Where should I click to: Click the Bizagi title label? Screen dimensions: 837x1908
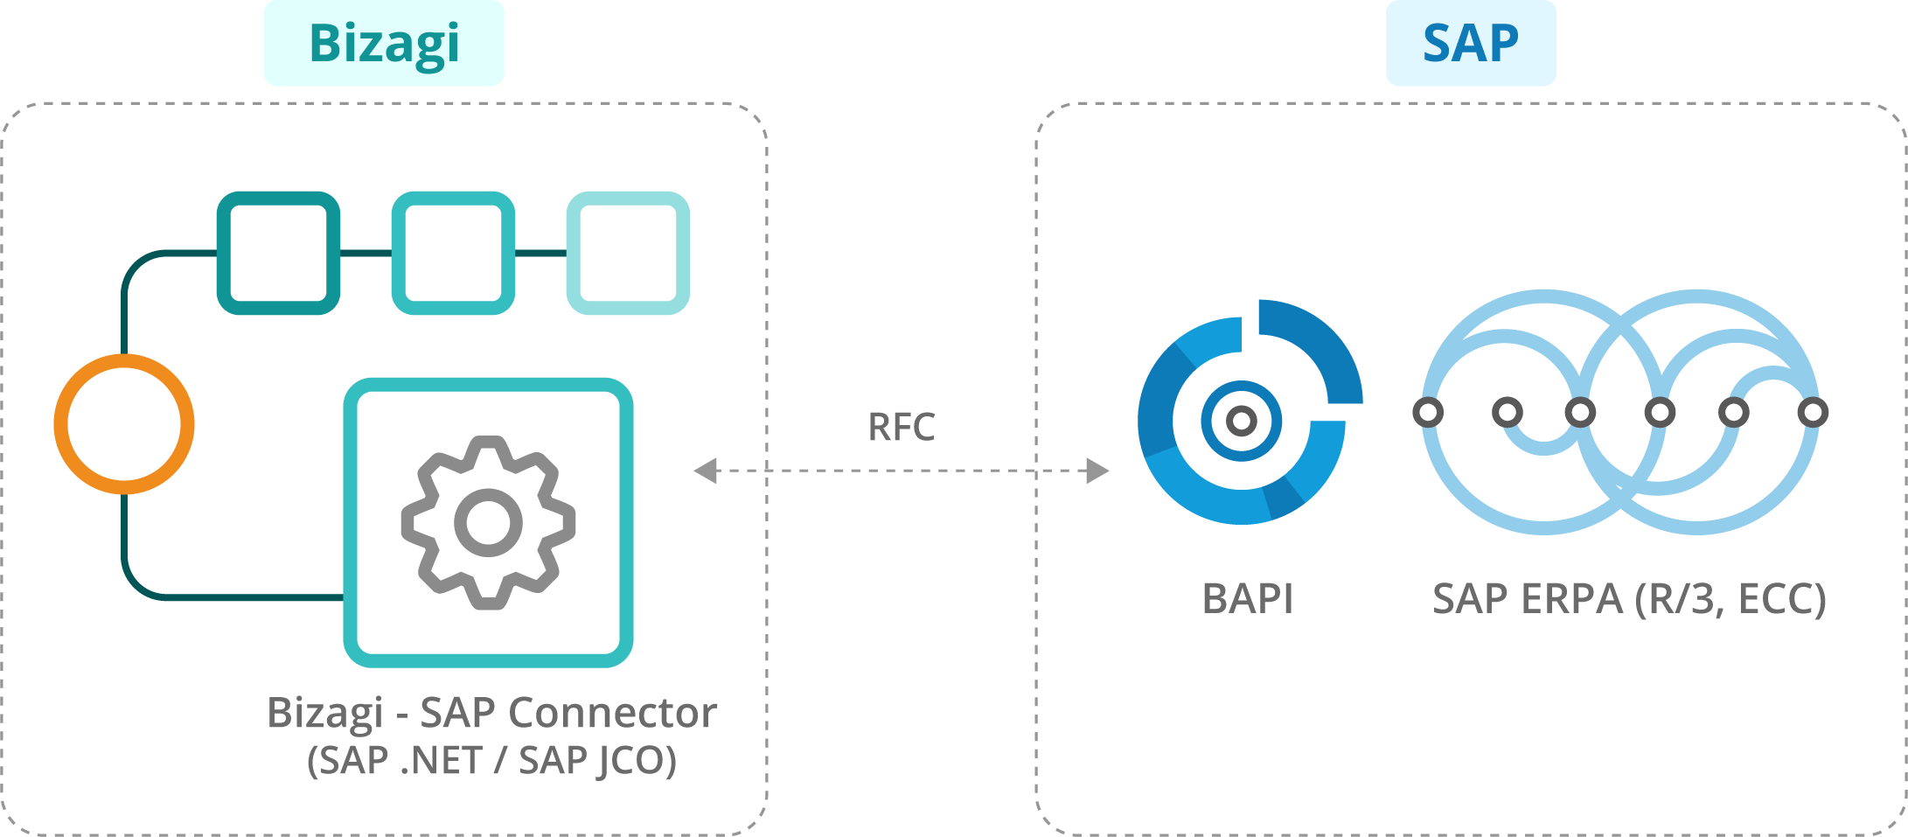pos(384,43)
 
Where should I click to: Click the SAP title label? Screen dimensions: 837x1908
pos(1470,43)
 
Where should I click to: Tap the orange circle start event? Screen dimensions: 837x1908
pos(124,424)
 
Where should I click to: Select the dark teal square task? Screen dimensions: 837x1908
pos(278,253)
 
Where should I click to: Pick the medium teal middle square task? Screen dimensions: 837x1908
pos(453,253)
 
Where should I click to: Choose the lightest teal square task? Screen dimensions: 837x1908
pos(628,253)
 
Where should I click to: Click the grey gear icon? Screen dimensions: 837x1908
pos(488,522)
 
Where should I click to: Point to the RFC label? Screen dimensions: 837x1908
pos(901,428)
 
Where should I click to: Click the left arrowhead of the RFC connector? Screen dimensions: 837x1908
pos(705,471)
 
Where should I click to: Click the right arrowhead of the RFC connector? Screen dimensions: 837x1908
pos(1098,471)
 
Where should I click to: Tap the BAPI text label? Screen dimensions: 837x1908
pos(1248,599)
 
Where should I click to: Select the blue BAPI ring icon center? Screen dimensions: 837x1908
pos(1241,421)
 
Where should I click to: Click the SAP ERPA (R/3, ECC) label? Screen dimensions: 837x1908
pos(1629,599)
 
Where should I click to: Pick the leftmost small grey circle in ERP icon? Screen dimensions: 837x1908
pos(1428,412)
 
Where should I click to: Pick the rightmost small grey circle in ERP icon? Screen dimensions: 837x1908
pos(1814,412)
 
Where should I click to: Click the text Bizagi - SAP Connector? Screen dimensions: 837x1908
pos(491,712)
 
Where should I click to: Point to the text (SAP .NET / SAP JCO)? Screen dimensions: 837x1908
pos(491,760)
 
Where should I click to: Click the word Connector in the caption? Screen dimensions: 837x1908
pos(612,712)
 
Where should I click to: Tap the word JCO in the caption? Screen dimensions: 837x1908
pos(635,760)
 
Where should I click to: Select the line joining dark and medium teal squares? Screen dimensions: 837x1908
pos(366,253)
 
